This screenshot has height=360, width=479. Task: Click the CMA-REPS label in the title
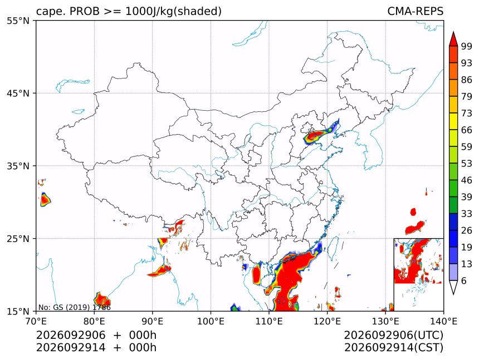(x=415, y=11)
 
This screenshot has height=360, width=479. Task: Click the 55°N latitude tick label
(x=18, y=21)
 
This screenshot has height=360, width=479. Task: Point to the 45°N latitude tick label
(x=18, y=93)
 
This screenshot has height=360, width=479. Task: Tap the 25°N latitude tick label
(x=18, y=238)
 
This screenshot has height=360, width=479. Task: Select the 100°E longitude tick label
(x=211, y=321)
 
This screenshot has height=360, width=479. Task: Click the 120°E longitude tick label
(x=327, y=321)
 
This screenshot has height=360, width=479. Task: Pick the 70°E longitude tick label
(x=36, y=321)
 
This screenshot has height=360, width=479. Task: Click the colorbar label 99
(x=467, y=46)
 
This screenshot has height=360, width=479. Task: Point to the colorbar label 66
(x=467, y=130)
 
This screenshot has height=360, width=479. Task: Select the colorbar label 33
(x=467, y=214)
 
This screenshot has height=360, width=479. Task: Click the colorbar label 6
(x=464, y=280)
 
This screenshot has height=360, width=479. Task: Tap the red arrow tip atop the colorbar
(x=453, y=32)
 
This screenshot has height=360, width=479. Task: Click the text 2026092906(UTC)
(x=393, y=336)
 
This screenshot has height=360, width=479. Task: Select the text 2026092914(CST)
(x=393, y=348)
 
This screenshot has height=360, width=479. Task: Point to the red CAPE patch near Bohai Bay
(x=316, y=135)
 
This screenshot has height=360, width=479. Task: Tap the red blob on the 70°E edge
(x=45, y=200)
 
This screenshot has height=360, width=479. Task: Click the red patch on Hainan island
(x=256, y=274)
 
